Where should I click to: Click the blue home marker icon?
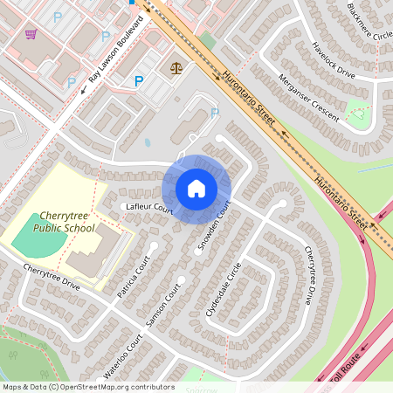pyautogui.click(x=196, y=189)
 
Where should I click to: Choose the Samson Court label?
pyautogui.click(x=162, y=305)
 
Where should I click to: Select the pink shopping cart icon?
pyautogui.click(x=31, y=34)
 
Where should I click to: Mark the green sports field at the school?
pyautogui.click(x=38, y=231)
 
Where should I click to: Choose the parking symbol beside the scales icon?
pyautogui.click(x=139, y=81)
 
